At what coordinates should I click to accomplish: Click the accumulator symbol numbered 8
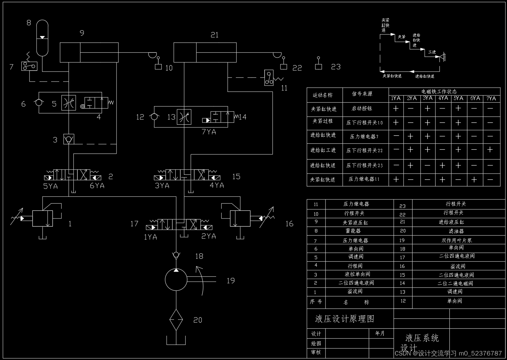[x=42, y=38]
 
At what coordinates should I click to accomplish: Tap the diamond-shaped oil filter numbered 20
[x=176, y=320]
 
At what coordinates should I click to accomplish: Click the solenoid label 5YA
[x=50, y=186]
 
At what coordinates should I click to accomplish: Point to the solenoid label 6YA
[x=97, y=186]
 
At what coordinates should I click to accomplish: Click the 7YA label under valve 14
[x=209, y=132]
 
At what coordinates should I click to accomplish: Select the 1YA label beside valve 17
[x=150, y=237]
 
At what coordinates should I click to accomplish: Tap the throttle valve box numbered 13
[x=184, y=117]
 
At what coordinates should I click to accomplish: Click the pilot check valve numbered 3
[x=69, y=140]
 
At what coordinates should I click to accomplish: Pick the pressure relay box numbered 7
[x=29, y=66]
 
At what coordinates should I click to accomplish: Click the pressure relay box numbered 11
[x=269, y=78]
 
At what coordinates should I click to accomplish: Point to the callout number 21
[x=215, y=35]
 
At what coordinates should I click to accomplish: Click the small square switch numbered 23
[x=319, y=66]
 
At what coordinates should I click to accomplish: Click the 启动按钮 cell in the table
[x=362, y=108]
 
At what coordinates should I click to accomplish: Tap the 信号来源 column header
[x=362, y=94]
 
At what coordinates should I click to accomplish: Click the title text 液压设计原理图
[x=345, y=319]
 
